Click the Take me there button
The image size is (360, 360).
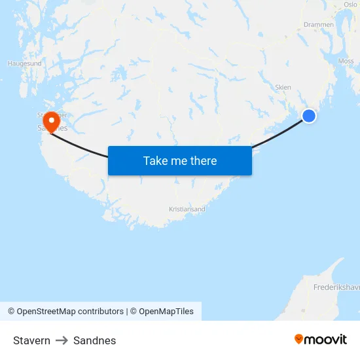click(x=179, y=160)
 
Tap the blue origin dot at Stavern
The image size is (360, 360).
click(x=309, y=116)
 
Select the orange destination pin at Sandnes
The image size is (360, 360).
click(x=51, y=120)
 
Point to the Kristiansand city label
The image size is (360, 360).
click(x=187, y=209)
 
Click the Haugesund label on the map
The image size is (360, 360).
click(x=24, y=64)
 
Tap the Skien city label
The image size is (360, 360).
click(x=283, y=87)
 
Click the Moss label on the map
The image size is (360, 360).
click(x=346, y=61)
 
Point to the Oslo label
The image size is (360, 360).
click(x=350, y=4)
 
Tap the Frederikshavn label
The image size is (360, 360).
click(x=336, y=287)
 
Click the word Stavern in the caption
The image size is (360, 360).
click(x=31, y=340)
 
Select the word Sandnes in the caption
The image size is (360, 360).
click(x=94, y=340)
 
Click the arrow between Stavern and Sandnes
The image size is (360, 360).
click(x=62, y=340)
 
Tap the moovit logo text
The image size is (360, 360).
click(x=326, y=339)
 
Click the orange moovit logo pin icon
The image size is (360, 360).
click(x=299, y=339)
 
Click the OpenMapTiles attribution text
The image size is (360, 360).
click(x=166, y=312)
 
